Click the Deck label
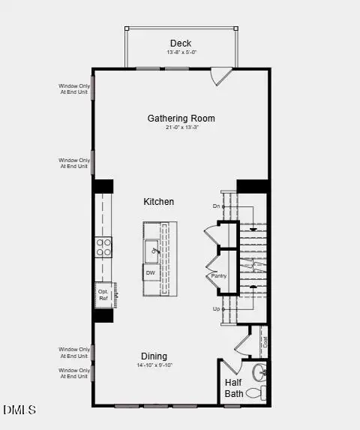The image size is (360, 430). (x=181, y=43)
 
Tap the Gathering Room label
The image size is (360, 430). (x=181, y=119)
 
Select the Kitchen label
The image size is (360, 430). (x=159, y=202)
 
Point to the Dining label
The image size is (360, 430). (x=154, y=356)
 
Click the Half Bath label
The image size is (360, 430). (x=234, y=387)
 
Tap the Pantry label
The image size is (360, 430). (x=218, y=275)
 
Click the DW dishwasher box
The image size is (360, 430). (x=151, y=273)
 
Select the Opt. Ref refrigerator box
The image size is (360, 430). (x=103, y=295)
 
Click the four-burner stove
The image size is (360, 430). (x=103, y=248)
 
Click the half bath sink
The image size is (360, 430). (x=259, y=371)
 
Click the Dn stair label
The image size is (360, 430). (x=217, y=206)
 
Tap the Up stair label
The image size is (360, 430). (x=217, y=309)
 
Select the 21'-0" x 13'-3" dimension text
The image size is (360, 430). (x=181, y=128)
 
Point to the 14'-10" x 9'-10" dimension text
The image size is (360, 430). (x=154, y=365)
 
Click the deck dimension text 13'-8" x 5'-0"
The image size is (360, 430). (x=181, y=53)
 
